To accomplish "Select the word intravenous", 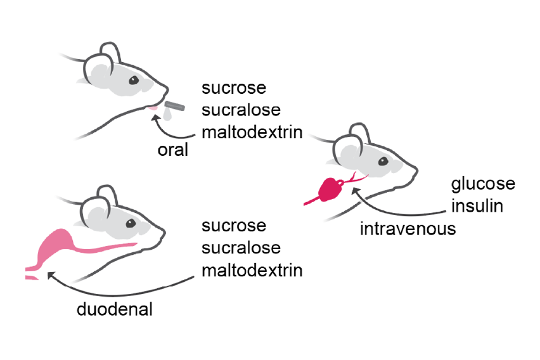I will (408, 228).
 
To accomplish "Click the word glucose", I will (483, 184).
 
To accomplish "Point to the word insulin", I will (477, 206).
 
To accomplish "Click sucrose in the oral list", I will (233, 87).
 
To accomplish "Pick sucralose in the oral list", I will (241, 110).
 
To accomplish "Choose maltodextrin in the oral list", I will (252, 132).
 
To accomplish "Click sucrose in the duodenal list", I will (233, 226).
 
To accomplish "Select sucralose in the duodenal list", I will (241, 248).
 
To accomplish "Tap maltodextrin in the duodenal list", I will (252, 271).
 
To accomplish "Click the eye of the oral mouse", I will (134, 80).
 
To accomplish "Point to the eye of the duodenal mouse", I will (131, 224).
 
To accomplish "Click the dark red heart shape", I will (331, 190).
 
